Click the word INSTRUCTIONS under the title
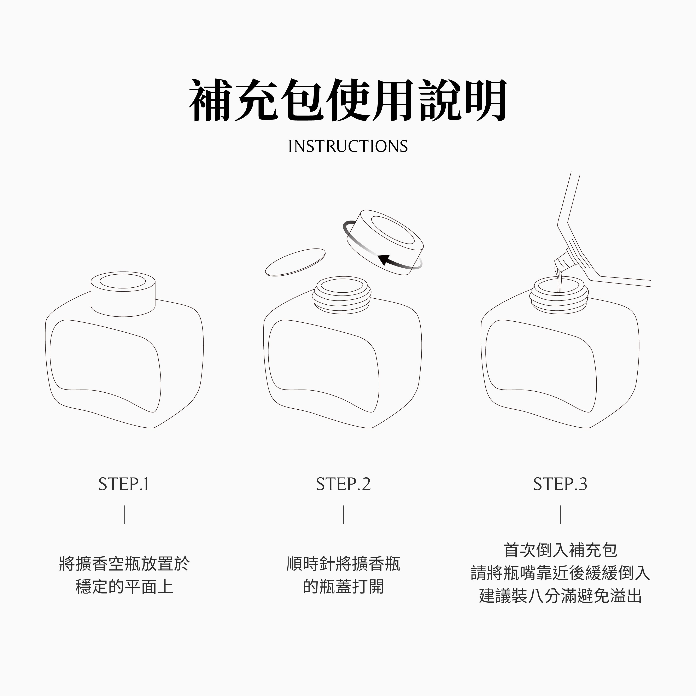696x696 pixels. click(348, 146)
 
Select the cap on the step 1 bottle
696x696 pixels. click(123, 294)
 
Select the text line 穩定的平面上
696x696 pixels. click(124, 586)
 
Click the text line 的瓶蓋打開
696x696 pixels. click(343, 586)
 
